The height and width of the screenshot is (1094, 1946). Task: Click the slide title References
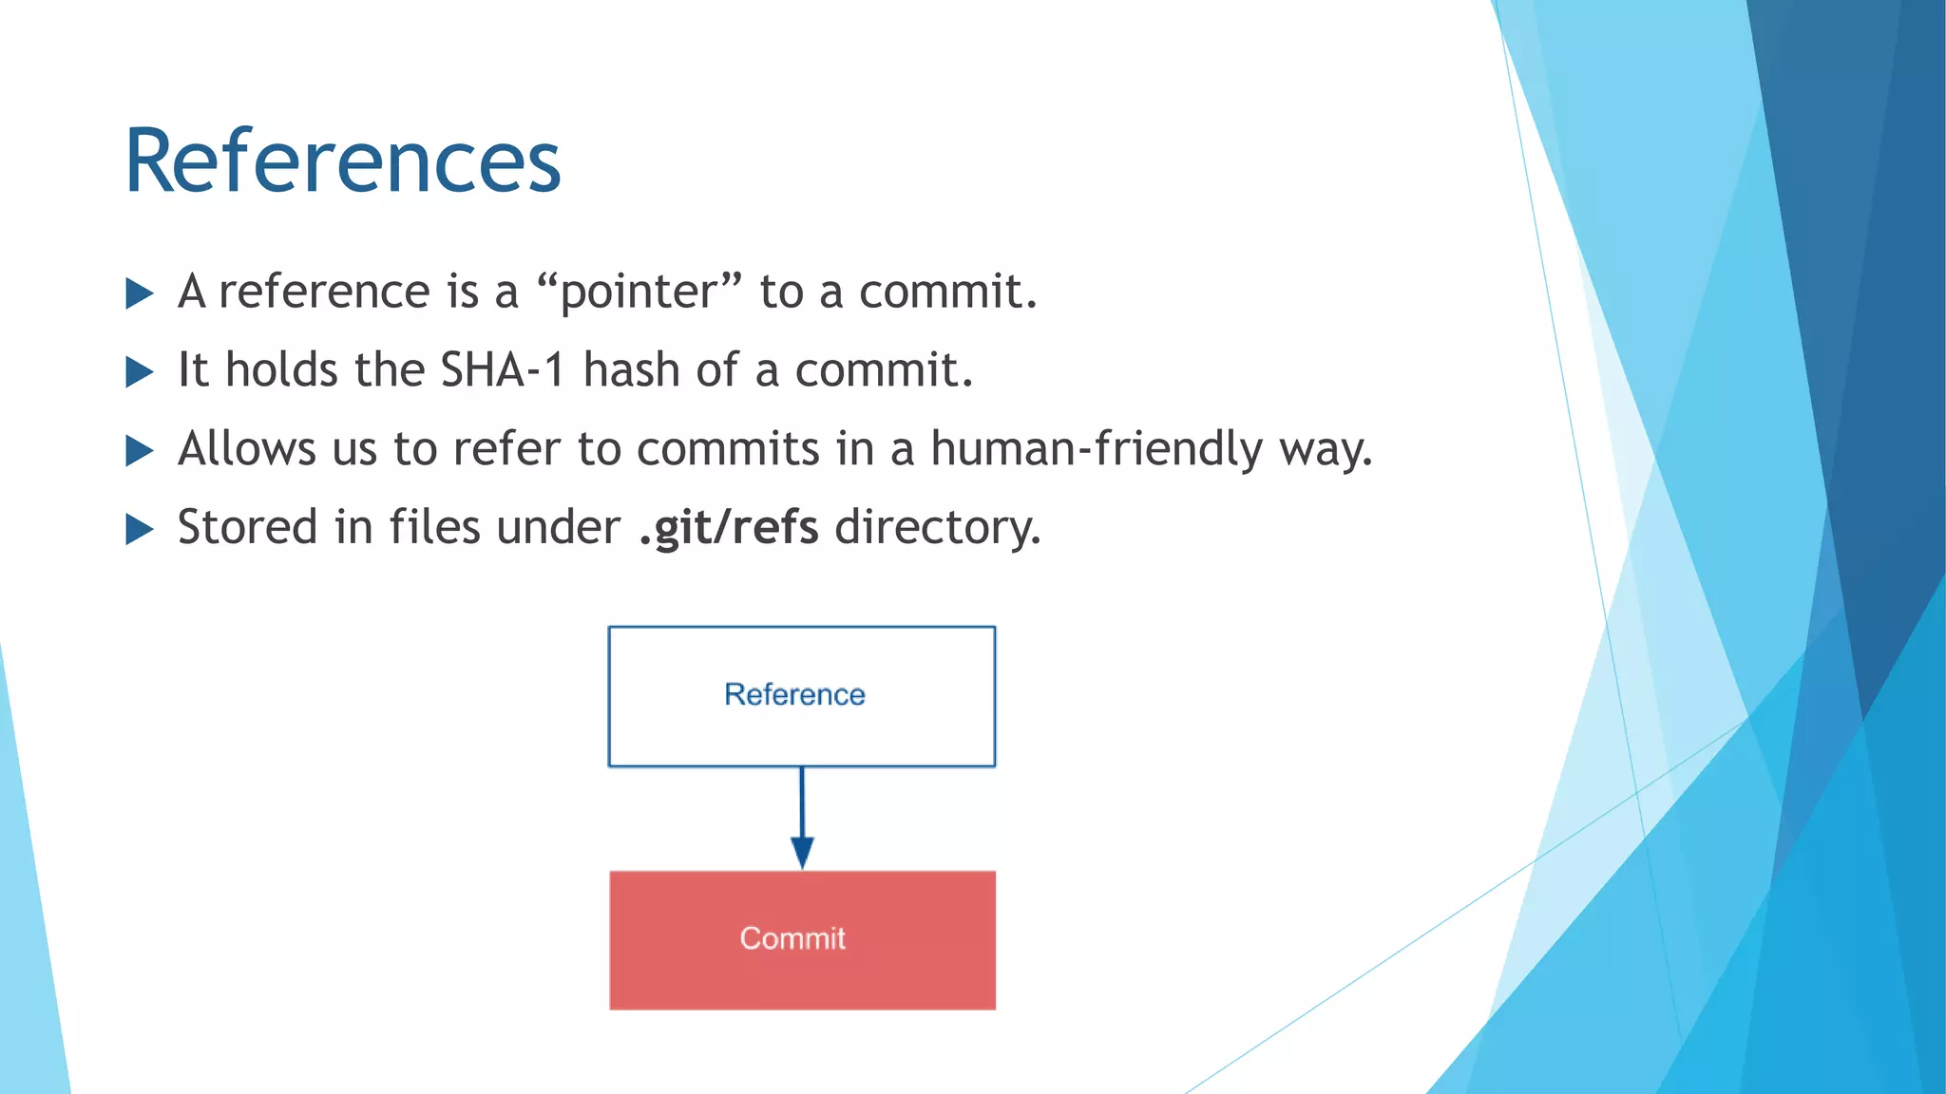coord(343,161)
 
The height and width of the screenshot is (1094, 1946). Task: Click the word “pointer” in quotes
coord(639,292)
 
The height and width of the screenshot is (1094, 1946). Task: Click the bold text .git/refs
coord(728,527)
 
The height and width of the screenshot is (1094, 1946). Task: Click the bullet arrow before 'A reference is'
coord(139,293)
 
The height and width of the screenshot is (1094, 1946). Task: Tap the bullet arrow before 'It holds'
coord(139,372)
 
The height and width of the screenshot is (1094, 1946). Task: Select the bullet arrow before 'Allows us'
coord(139,451)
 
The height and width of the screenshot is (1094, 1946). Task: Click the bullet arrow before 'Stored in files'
coord(139,530)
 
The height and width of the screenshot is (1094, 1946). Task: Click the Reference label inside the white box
coord(794,694)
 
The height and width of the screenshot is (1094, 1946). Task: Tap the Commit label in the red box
coord(792,938)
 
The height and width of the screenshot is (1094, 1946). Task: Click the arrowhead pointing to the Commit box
coord(802,851)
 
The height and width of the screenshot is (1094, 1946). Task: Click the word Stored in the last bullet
coord(247,527)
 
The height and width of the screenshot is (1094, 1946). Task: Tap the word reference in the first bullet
coord(323,292)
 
